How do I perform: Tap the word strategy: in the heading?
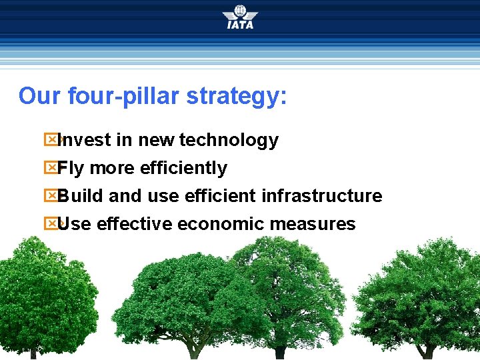point(237,96)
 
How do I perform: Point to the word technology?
point(229,140)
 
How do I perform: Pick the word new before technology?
point(157,140)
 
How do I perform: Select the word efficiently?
point(183,168)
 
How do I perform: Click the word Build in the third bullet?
point(81,196)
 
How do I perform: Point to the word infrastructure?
point(321,196)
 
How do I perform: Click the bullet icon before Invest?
point(51,140)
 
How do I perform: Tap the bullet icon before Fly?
point(51,168)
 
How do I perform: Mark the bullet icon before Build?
point(51,196)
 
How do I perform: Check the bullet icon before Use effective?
point(51,224)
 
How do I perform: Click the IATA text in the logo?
point(240,25)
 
